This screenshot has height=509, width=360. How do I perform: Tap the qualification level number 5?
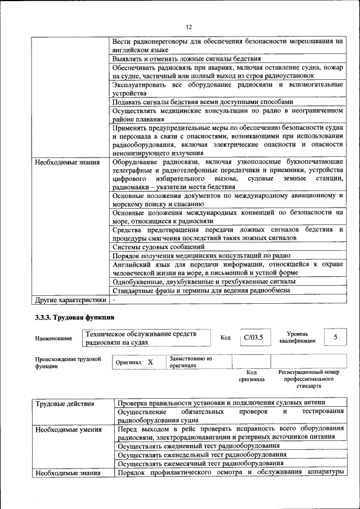click(335, 337)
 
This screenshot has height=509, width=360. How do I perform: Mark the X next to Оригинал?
click(150, 363)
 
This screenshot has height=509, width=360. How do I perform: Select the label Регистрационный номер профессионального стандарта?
click(309, 379)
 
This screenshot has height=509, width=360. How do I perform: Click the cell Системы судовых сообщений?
click(158, 246)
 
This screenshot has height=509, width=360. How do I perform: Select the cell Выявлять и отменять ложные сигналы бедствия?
click(186, 58)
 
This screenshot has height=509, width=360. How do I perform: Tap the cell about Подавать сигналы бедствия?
click(202, 102)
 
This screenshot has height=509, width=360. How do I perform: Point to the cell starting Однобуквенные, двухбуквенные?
click(195, 281)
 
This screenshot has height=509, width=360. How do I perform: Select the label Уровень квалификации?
click(297, 337)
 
